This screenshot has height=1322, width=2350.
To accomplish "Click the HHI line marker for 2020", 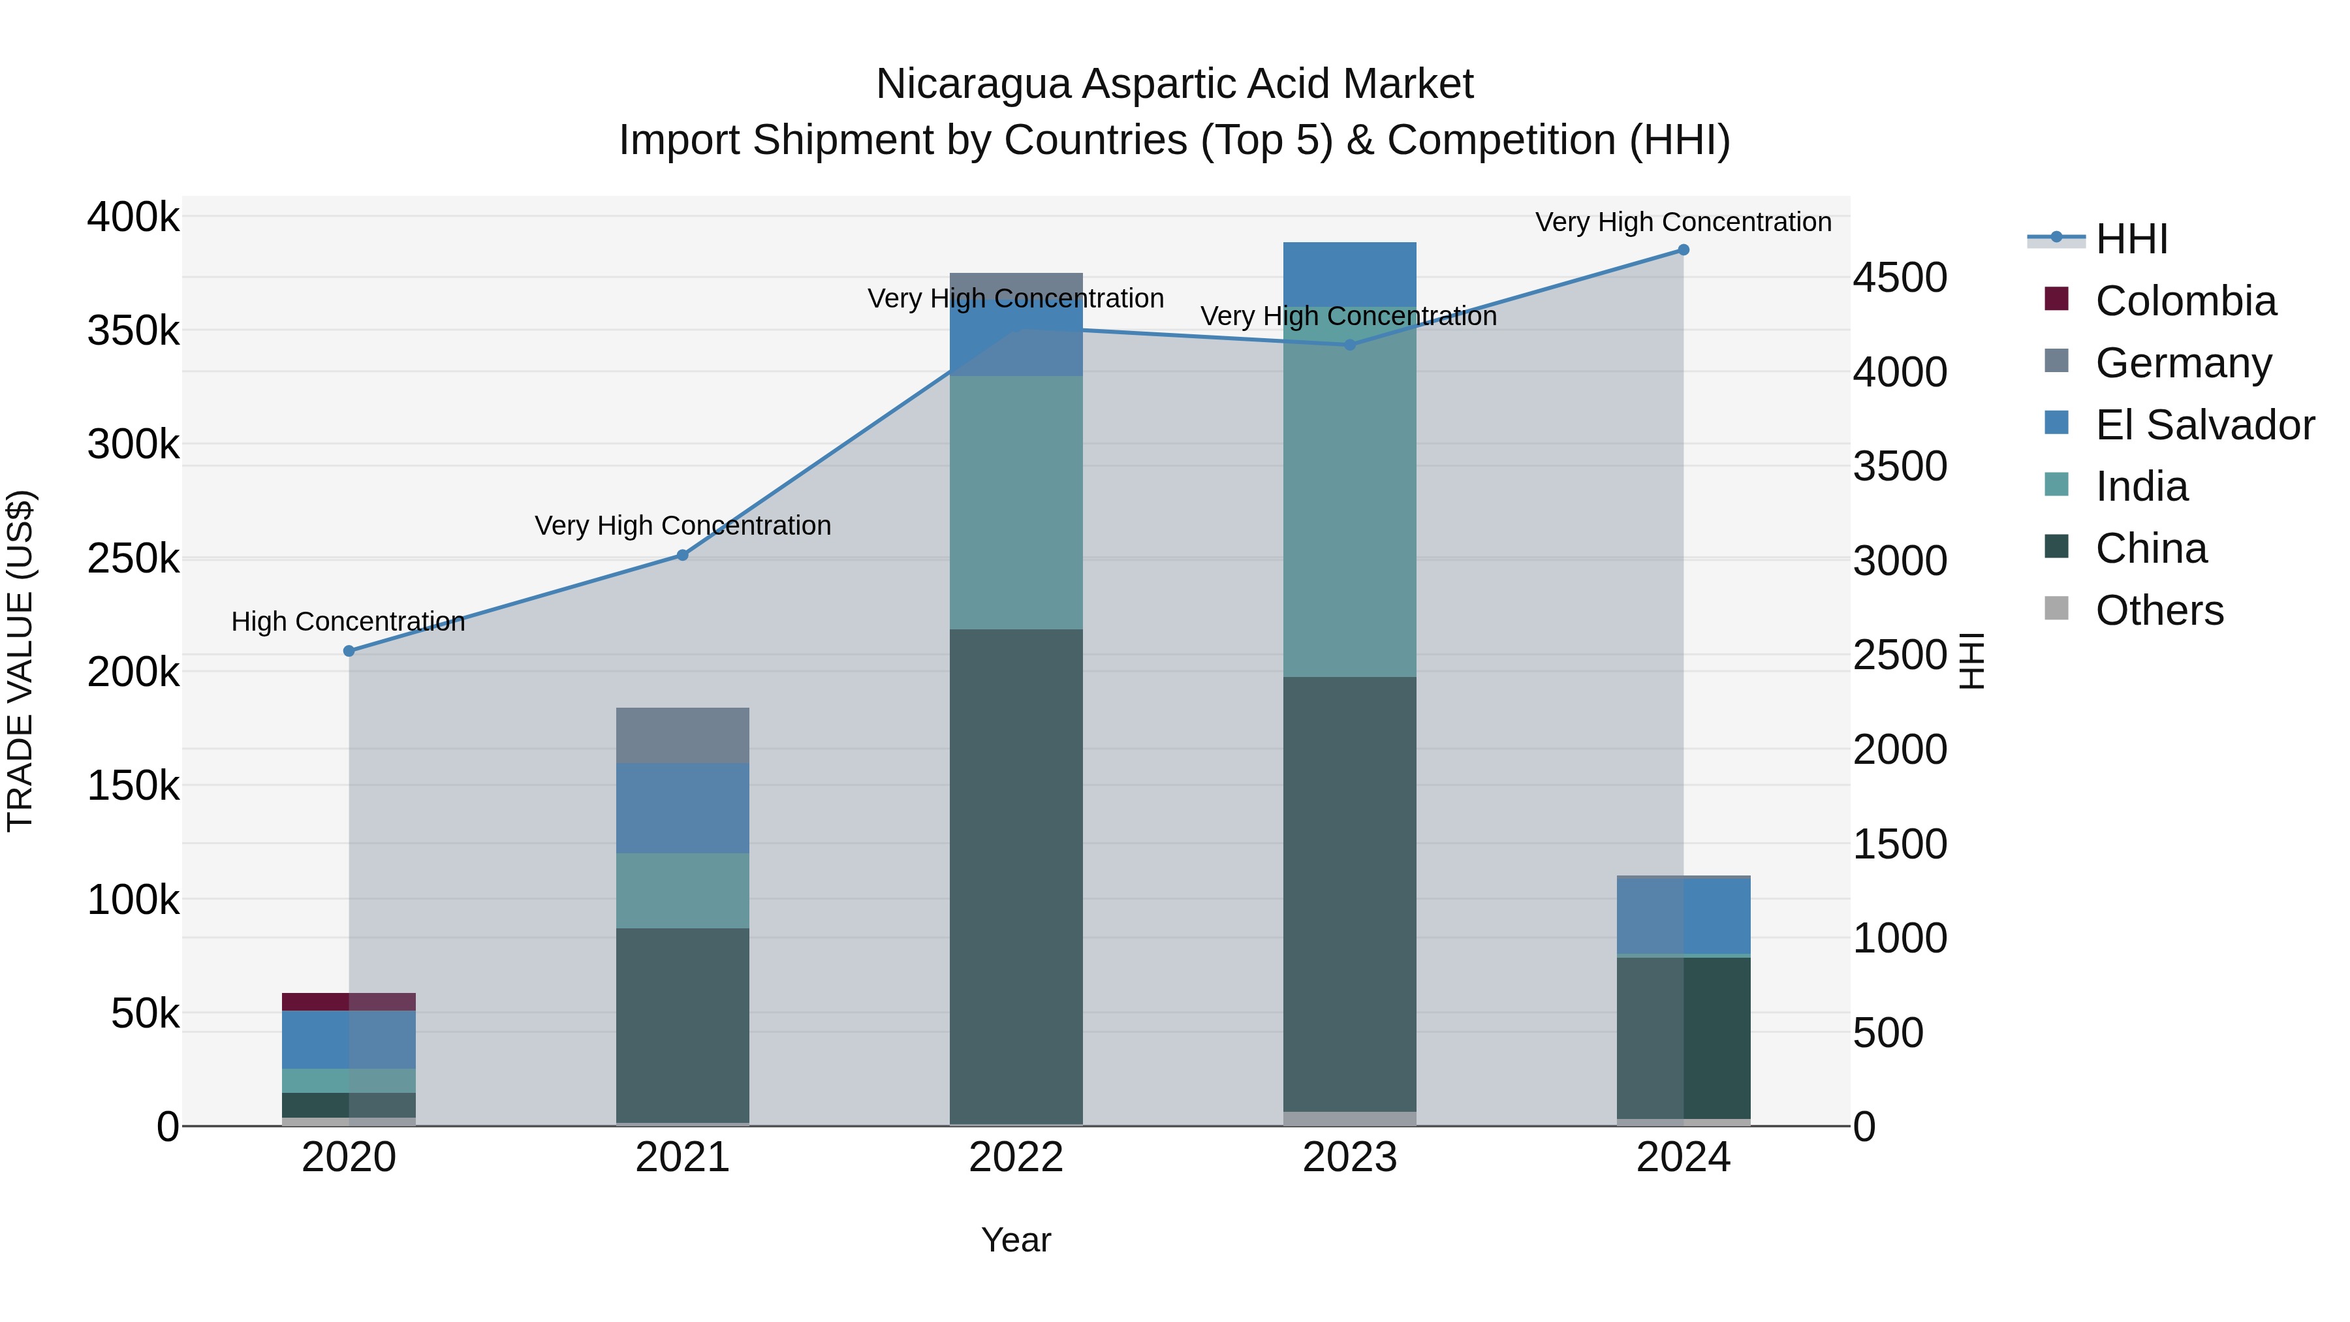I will [349, 650].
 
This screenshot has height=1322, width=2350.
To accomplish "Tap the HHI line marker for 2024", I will [1683, 250].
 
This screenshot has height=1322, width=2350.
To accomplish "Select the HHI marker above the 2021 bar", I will [682, 555].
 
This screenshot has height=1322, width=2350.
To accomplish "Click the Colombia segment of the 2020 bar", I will [349, 1001].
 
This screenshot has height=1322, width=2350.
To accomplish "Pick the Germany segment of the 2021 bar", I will [682, 734].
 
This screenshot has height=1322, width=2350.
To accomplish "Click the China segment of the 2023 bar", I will [1349, 894].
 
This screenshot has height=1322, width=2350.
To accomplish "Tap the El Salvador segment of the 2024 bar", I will [1683, 915].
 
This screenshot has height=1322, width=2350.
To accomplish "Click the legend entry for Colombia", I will [2185, 301].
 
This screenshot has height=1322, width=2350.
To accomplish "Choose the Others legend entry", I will [2159, 610].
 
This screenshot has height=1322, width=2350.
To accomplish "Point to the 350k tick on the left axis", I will [133, 330].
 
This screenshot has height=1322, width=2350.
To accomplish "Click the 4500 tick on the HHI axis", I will [1900, 277].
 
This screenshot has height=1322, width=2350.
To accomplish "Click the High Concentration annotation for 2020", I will [349, 622].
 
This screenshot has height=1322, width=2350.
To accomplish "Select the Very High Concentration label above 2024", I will [1683, 222].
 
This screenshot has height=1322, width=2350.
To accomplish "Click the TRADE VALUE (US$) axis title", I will [20, 661].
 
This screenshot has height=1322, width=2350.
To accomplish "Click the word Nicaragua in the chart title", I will [973, 84].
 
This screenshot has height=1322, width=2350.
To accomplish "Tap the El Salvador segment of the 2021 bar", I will [682, 808].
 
